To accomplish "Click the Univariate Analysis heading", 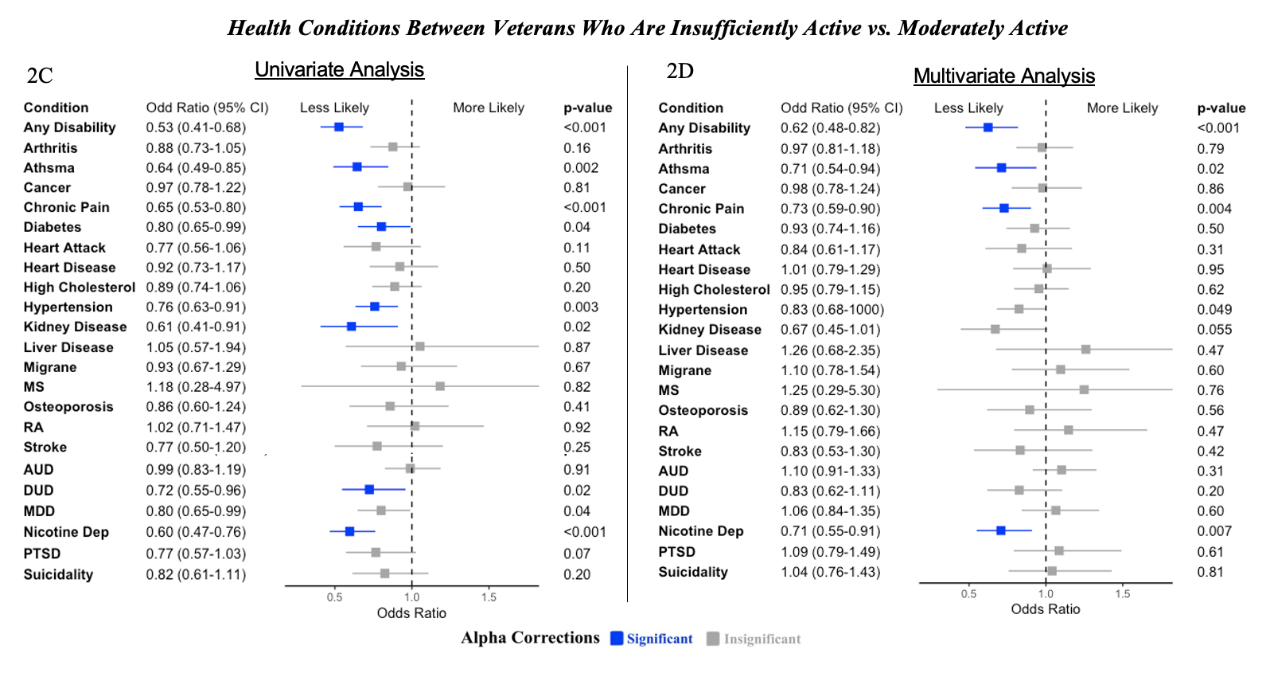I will click(339, 70).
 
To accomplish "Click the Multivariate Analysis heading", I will click(1003, 76).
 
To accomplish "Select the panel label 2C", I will click(40, 76).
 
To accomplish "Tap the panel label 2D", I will click(680, 72).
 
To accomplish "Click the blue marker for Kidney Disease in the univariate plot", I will click(351, 327).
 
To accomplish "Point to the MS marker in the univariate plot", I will click(440, 386).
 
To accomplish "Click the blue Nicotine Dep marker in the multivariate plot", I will click(1001, 530).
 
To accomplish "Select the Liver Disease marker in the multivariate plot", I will click(1085, 350).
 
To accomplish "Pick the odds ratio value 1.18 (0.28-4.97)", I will click(196, 387).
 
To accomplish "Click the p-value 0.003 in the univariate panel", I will click(581, 307).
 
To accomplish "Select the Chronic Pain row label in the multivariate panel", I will click(701, 209).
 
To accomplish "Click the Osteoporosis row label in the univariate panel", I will click(68, 407).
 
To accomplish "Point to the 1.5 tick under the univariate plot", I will click(489, 597).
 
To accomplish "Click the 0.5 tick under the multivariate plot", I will click(968, 594).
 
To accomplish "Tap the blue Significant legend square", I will click(617, 639).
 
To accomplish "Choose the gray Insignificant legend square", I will click(713, 639).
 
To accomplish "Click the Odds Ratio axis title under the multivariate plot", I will click(1045, 609).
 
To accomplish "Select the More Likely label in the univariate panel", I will click(489, 108).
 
